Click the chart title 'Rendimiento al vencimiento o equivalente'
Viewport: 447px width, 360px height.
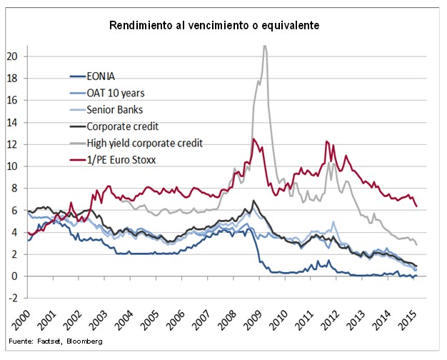(214, 25)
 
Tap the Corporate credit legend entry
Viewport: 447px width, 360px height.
(122, 126)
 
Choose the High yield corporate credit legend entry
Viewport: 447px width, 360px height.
(145, 143)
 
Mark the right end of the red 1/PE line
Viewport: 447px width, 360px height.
(416, 206)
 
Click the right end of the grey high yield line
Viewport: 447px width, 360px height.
(416, 245)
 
